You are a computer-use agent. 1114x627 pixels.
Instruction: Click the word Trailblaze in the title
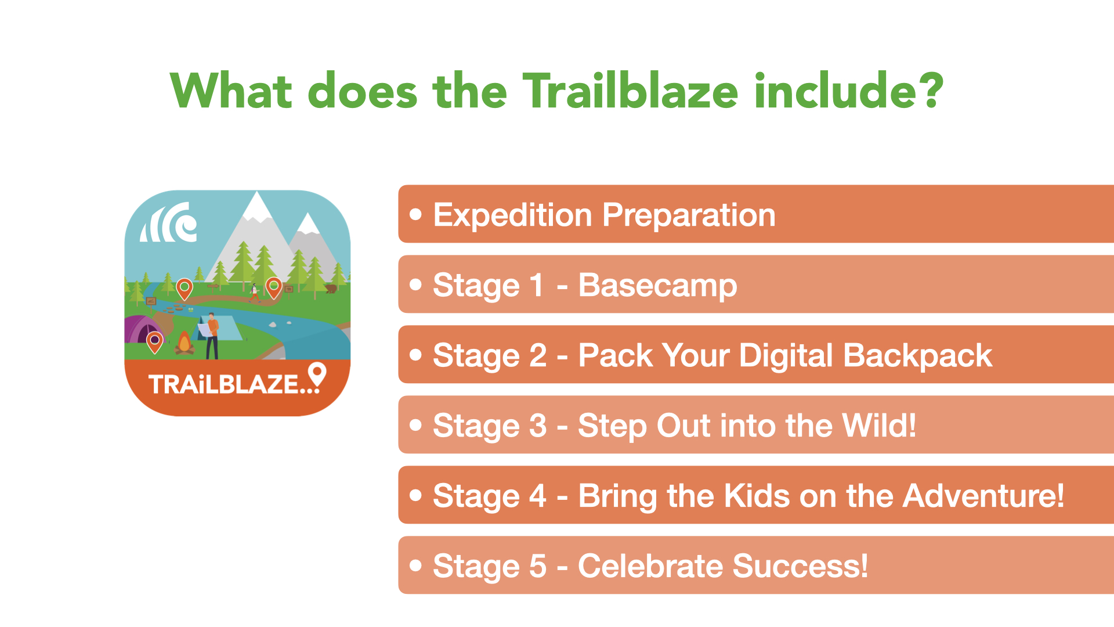[631, 91]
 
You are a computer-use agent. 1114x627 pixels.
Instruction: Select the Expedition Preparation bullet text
[604, 215]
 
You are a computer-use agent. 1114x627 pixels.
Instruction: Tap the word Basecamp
[657, 286]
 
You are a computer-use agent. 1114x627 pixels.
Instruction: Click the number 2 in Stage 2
[538, 355]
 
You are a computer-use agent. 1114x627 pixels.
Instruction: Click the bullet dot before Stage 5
[415, 565]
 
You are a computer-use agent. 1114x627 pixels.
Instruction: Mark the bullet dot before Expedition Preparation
[415, 214]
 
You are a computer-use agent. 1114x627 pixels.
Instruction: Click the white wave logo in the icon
[169, 222]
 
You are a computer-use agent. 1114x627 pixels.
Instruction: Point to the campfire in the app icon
[185, 343]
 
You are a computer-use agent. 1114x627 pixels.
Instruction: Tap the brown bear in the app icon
[331, 289]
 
